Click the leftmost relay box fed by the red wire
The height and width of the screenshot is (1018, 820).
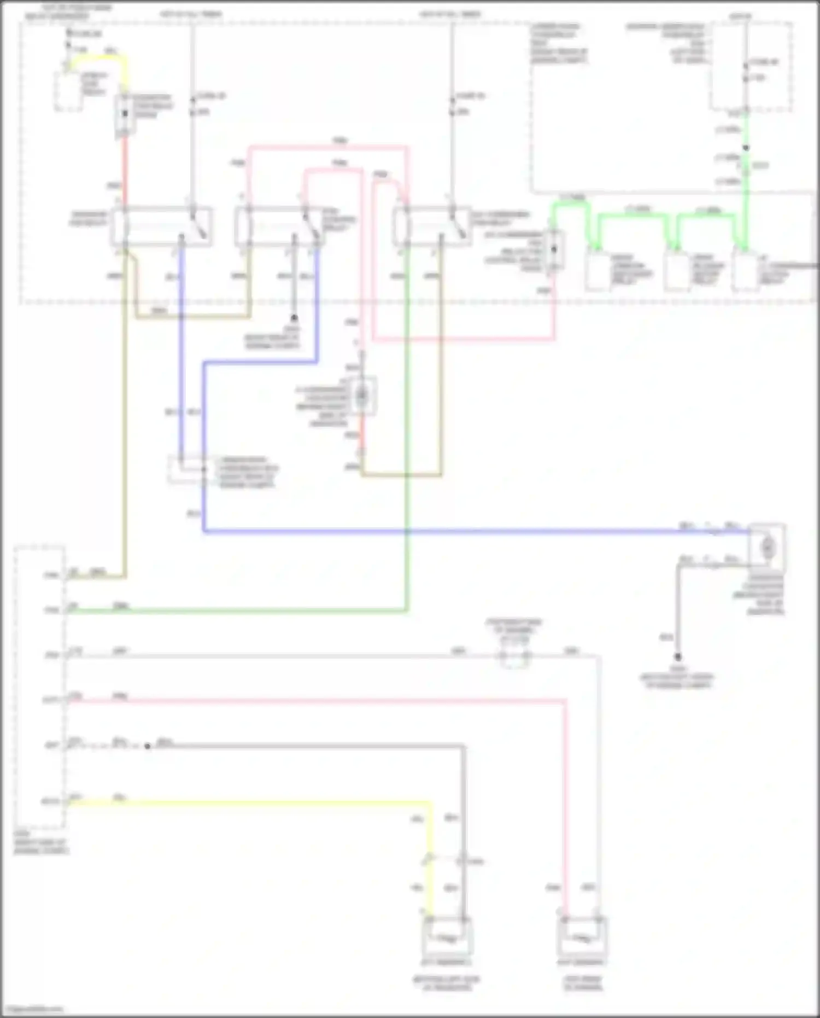click(161, 226)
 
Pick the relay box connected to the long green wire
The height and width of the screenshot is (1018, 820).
click(432, 226)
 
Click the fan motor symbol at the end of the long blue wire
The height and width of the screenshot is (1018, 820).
click(767, 545)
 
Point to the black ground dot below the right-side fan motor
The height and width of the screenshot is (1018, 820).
click(677, 656)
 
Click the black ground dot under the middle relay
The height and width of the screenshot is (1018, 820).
click(294, 318)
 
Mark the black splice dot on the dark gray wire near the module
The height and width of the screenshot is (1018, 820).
click(147, 746)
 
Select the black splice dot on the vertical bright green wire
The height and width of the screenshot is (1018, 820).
click(746, 148)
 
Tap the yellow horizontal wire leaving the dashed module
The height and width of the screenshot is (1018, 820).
click(246, 803)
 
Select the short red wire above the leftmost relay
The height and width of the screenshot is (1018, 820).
click(125, 170)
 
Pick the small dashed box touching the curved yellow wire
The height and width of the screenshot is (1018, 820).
click(68, 91)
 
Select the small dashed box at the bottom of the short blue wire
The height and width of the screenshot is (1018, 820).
click(186, 470)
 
